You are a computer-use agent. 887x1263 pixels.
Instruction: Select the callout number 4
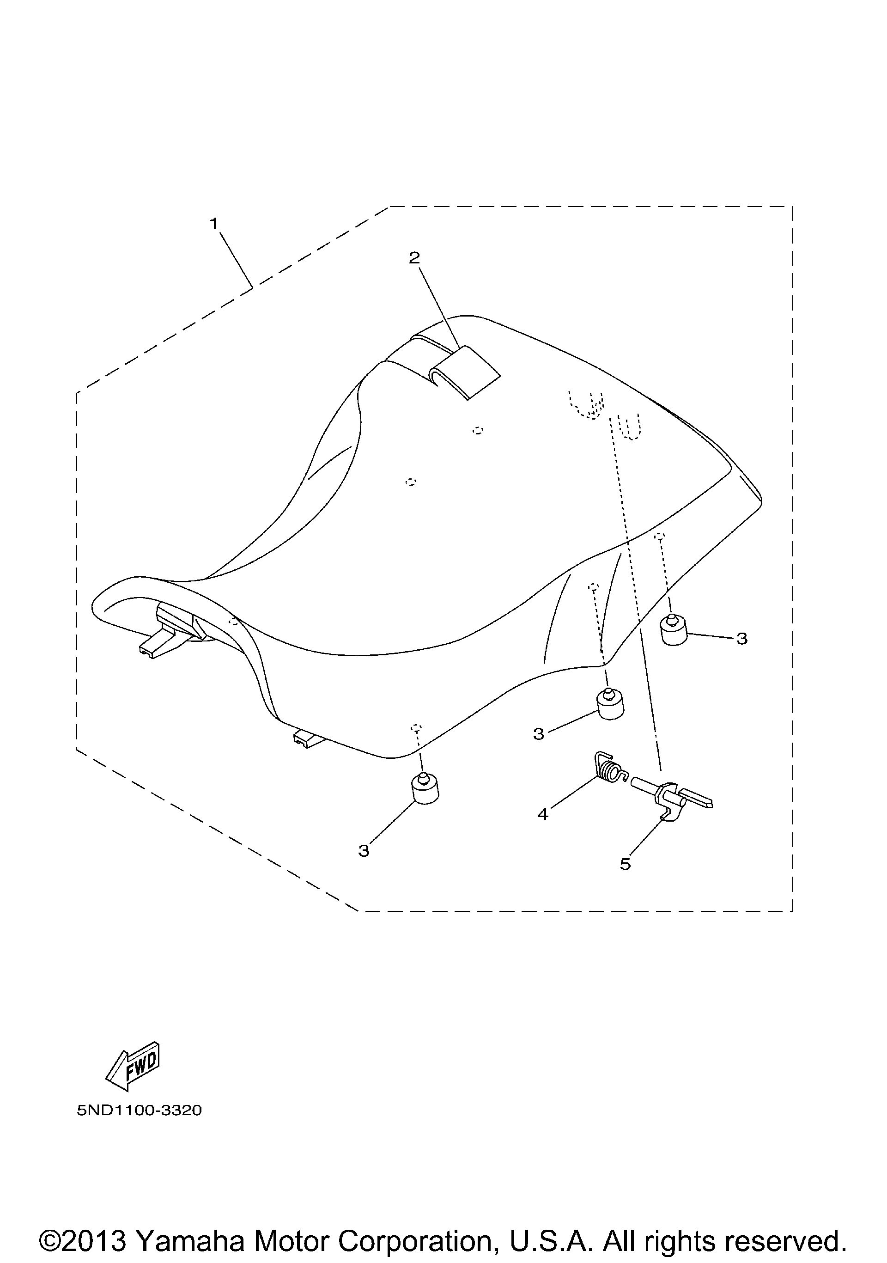tap(543, 814)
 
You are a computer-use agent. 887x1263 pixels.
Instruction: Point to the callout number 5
tap(625, 864)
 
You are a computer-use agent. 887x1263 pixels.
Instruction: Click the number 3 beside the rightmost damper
tap(742, 639)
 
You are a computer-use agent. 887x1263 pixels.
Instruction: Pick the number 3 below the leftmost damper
tap(364, 851)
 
